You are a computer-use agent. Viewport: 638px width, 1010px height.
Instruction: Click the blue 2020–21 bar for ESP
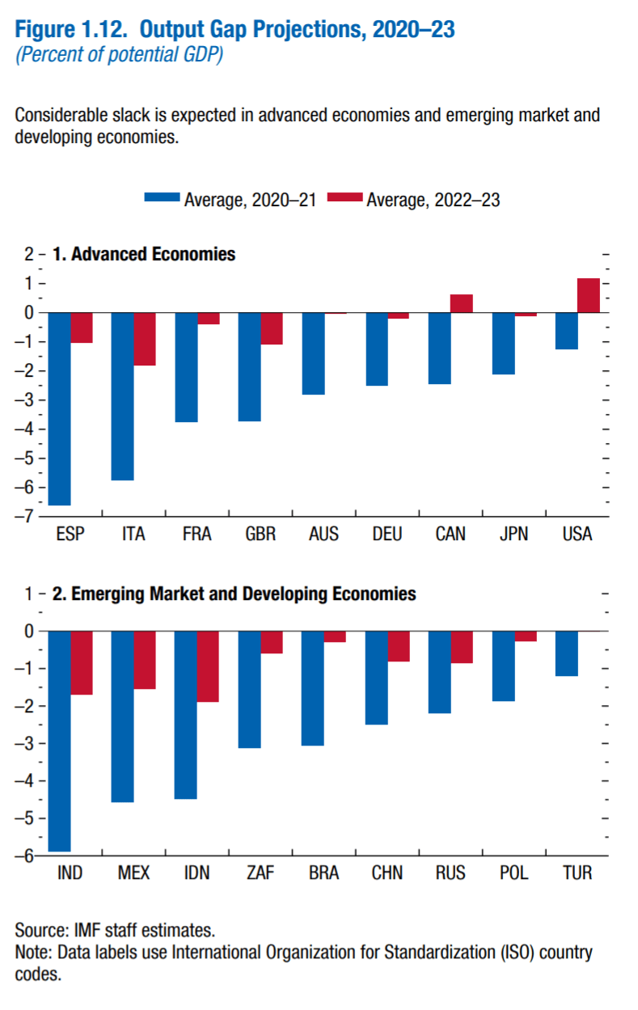pyautogui.click(x=59, y=408)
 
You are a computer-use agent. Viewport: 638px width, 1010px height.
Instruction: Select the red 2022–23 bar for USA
pyautogui.click(x=588, y=295)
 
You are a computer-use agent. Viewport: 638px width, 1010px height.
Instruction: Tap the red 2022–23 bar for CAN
pyautogui.click(x=461, y=303)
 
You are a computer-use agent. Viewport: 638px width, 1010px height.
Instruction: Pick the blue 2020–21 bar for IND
pyautogui.click(x=59, y=741)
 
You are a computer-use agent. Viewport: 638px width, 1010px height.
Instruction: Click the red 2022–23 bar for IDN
pyautogui.click(x=208, y=666)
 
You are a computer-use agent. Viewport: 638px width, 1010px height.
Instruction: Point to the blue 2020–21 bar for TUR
pyautogui.click(x=566, y=653)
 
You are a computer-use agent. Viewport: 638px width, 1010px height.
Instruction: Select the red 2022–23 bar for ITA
pyautogui.click(x=145, y=339)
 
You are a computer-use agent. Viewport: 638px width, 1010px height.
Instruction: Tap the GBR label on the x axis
pyautogui.click(x=260, y=535)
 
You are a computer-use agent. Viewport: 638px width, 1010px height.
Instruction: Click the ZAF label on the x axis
pyautogui.click(x=260, y=873)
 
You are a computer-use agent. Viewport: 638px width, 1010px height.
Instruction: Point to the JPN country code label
pyautogui.click(x=514, y=535)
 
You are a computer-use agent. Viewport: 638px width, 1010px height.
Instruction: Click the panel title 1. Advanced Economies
pyautogui.click(x=144, y=254)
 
